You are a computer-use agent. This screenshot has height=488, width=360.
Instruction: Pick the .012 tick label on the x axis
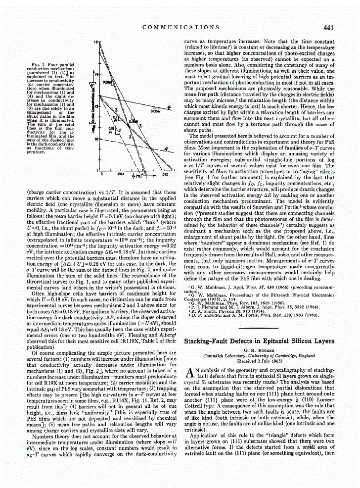165,174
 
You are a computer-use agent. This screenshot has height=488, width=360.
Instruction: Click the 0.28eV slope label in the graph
106,79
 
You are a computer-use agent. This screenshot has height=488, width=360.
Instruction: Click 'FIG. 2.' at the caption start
39,65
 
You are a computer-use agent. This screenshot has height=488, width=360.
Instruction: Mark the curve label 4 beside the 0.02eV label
169,106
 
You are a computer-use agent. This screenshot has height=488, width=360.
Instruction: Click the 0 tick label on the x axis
101,174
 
